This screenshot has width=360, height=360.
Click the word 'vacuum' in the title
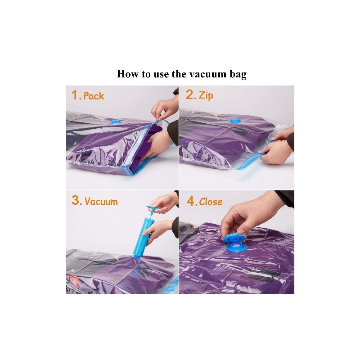coord(208,74)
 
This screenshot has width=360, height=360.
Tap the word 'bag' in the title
coord(238,75)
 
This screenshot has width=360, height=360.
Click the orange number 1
coord(75,95)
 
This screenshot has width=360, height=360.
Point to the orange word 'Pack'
coord(94,96)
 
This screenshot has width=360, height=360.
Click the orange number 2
coord(189,94)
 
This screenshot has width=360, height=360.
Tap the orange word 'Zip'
coord(206,96)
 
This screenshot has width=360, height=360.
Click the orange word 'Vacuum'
coord(101,201)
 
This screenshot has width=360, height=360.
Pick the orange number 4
coord(191,201)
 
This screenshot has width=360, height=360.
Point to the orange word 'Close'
coord(211,202)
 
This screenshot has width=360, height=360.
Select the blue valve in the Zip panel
coord(234,121)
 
